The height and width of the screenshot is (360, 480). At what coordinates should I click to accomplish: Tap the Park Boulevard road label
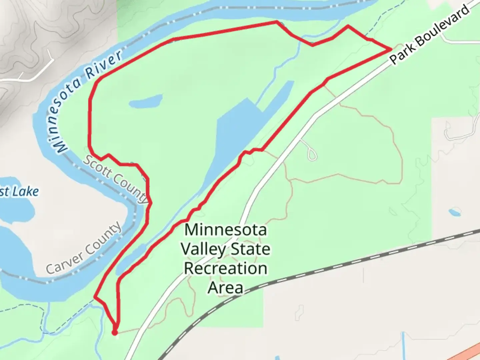(x=430, y=35)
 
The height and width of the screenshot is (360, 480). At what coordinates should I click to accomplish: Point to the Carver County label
(x=83, y=248)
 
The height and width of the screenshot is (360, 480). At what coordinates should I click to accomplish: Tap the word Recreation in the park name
(x=226, y=268)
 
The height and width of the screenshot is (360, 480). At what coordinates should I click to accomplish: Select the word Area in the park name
(x=225, y=287)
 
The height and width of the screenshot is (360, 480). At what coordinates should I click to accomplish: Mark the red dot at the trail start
(x=114, y=333)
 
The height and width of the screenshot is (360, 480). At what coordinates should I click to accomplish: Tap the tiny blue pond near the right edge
(x=455, y=212)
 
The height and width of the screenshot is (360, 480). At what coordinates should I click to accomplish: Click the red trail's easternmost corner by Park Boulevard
(x=391, y=49)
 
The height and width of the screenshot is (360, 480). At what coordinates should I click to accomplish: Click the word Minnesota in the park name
(x=226, y=230)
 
